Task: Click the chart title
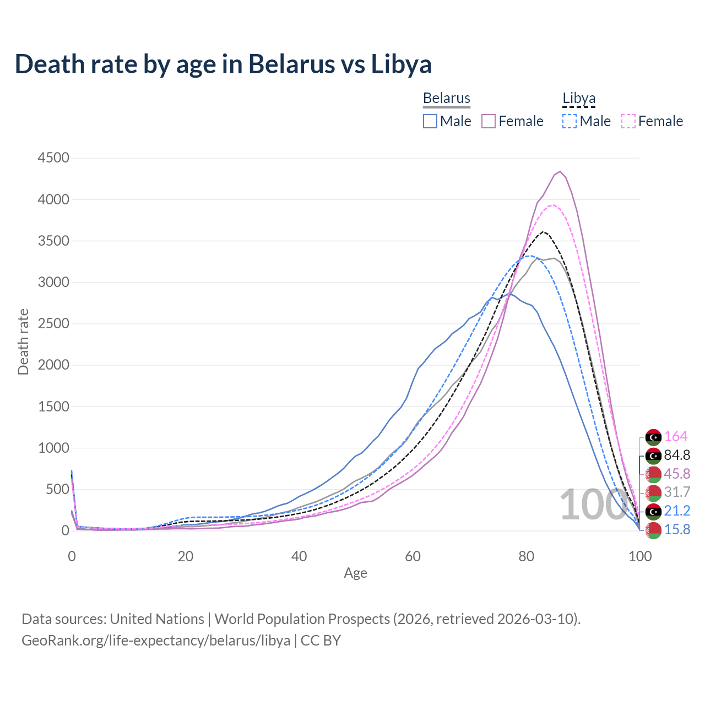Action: click(223, 64)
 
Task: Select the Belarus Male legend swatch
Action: click(430, 121)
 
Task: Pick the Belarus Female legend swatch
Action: click(489, 121)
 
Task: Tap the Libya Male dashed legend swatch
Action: click(570, 121)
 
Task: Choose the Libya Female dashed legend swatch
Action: click(628, 121)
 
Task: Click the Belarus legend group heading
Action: click(447, 98)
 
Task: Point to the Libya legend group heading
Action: click(579, 98)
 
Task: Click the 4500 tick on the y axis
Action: click(53, 158)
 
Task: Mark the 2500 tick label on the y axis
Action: click(53, 324)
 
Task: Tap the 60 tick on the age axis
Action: click(413, 556)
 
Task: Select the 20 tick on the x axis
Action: click(186, 556)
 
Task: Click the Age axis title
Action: click(355, 573)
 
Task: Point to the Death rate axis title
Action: click(23, 342)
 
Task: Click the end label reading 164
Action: click(676, 437)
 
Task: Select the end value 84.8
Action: click(677, 455)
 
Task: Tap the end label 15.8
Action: click(677, 530)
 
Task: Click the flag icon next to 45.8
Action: click(654, 474)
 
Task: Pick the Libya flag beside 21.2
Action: click(654, 511)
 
